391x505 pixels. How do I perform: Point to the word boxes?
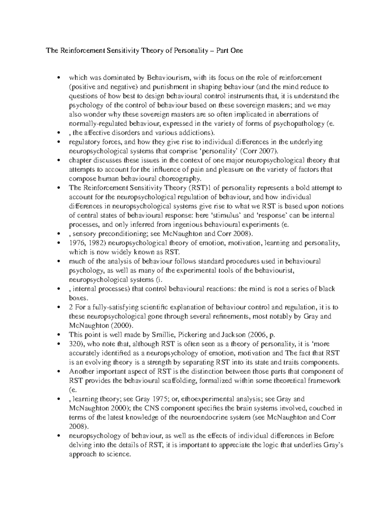point(77,298)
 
